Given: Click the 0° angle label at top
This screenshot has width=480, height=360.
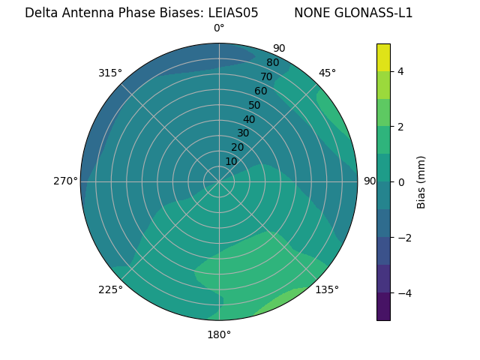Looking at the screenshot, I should [219, 28].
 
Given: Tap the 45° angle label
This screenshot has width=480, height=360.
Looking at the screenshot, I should [327, 73].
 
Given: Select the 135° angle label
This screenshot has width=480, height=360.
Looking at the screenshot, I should [326, 289].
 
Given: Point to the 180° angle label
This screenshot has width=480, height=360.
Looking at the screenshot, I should [219, 334].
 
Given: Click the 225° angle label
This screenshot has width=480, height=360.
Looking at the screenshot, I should [110, 289].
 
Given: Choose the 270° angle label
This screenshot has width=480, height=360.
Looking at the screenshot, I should [65, 181].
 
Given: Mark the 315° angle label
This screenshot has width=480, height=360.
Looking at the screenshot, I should [110, 73].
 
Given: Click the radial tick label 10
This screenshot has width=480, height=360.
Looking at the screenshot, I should [231, 161].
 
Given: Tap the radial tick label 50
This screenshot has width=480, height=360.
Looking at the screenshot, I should [255, 105].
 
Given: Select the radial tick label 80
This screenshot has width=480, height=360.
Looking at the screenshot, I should [272, 63].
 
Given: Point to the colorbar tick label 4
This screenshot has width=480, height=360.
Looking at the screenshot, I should [401, 71].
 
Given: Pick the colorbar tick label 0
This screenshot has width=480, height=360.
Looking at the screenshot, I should [401, 182].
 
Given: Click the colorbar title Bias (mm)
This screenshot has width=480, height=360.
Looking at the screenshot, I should [421, 181].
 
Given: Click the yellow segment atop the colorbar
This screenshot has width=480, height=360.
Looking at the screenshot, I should [383, 57].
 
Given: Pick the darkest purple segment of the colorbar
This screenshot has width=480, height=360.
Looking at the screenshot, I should [383, 307].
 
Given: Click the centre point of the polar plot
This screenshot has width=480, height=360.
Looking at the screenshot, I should [219, 181].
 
